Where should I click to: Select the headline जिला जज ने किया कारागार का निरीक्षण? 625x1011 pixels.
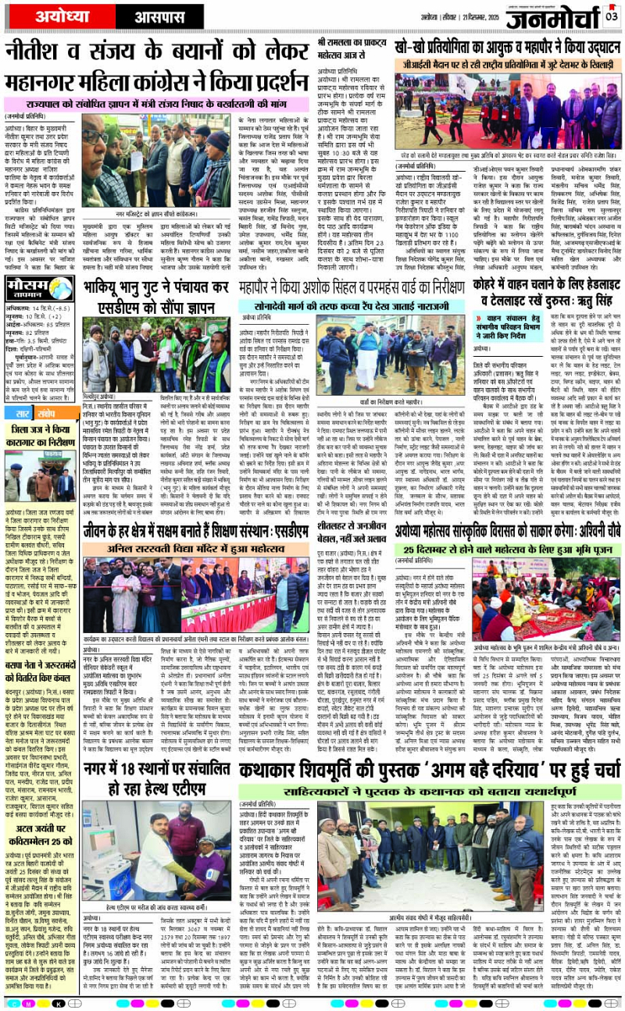point(40,434)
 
